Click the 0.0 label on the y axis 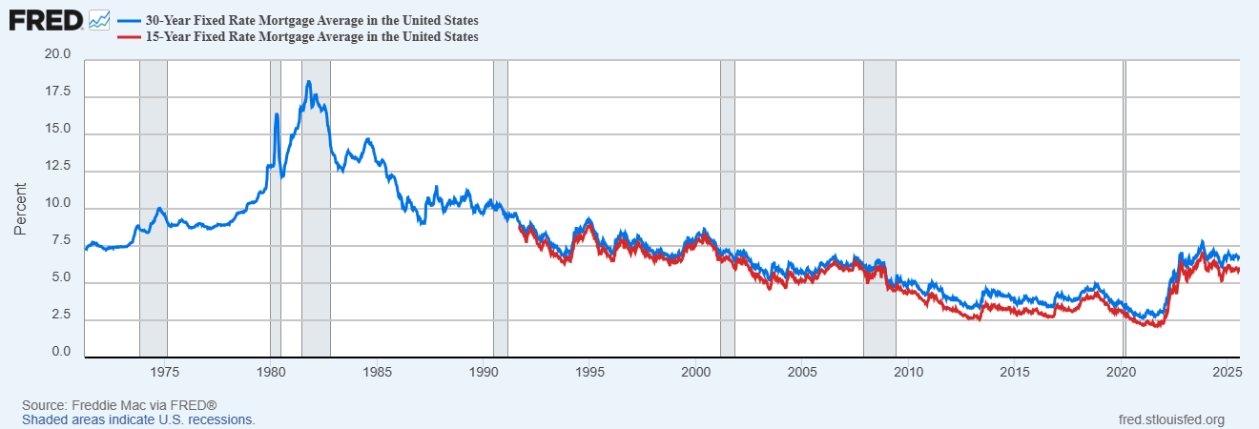[x=61, y=352]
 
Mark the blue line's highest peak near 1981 [x=308, y=82]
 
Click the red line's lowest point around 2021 [x=1157, y=326]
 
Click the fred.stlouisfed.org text [x=1170, y=419]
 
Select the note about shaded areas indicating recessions [x=138, y=419]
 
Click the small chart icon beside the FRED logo [x=98, y=19]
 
